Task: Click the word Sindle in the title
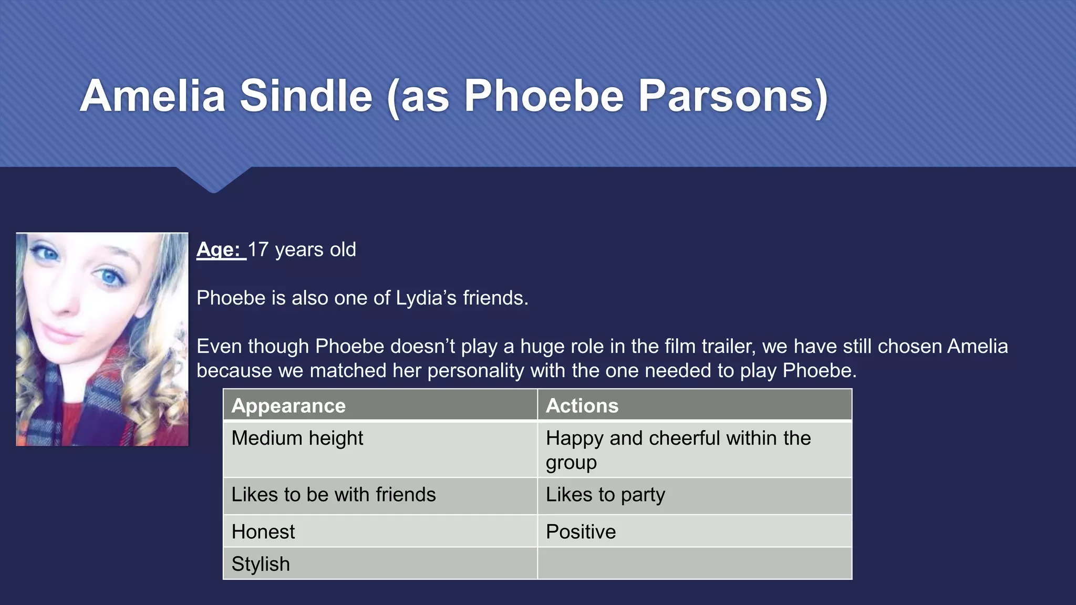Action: (x=306, y=96)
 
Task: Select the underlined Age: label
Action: (x=221, y=249)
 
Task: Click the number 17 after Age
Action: (x=258, y=249)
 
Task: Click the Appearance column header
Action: (x=288, y=405)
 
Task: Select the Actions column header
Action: (x=582, y=405)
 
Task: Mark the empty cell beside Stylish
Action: (x=694, y=564)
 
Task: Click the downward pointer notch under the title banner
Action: (x=213, y=181)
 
